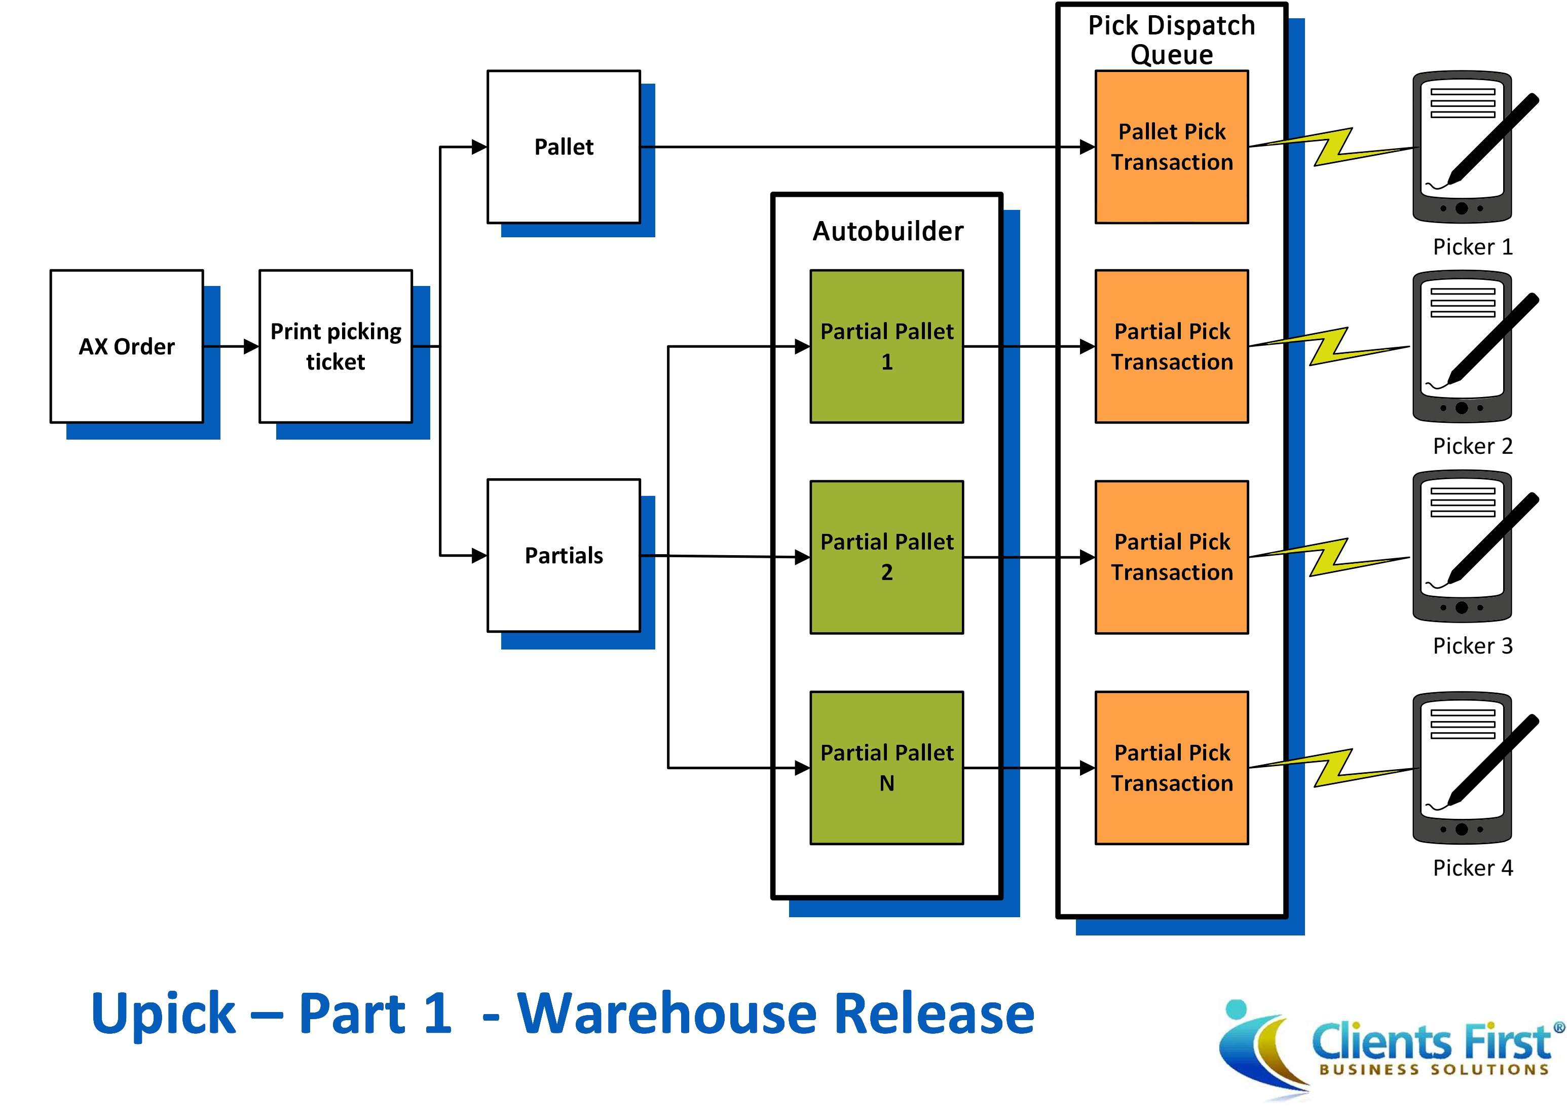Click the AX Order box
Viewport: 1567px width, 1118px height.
(127, 346)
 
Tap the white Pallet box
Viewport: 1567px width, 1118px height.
(563, 147)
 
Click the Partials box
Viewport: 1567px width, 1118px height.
(563, 555)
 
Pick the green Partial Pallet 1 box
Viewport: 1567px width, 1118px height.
(886, 346)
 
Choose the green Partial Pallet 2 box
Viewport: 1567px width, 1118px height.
(886, 557)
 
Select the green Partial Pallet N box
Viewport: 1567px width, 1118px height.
(886, 768)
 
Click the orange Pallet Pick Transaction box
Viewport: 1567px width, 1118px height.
(1171, 147)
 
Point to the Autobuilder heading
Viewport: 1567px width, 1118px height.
(888, 231)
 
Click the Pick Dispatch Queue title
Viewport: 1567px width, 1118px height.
(1171, 40)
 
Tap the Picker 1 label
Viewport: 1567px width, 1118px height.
(1472, 246)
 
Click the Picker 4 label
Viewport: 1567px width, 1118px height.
(1472, 868)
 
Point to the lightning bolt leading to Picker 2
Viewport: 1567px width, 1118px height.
(1328, 346)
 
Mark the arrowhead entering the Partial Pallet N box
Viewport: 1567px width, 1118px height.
(802, 768)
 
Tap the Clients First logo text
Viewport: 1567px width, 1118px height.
(1431, 1041)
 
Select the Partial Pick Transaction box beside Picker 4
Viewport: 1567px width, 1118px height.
(1171, 768)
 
